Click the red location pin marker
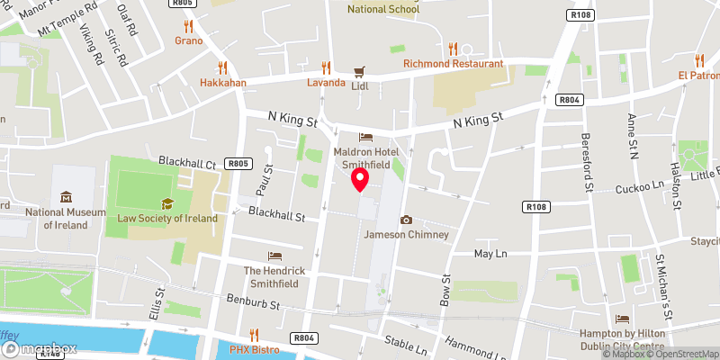click(360, 180)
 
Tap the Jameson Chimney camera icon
click(406, 220)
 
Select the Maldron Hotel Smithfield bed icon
click(365, 138)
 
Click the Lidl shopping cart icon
click(359, 70)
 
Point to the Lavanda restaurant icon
click(326, 67)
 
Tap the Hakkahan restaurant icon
click(222, 67)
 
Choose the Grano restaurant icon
click(188, 26)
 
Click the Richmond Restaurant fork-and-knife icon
click(453, 49)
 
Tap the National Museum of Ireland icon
click(66, 197)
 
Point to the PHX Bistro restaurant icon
click(254, 334)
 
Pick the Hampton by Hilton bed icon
click(622, 319)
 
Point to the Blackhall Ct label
click(188, 162)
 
